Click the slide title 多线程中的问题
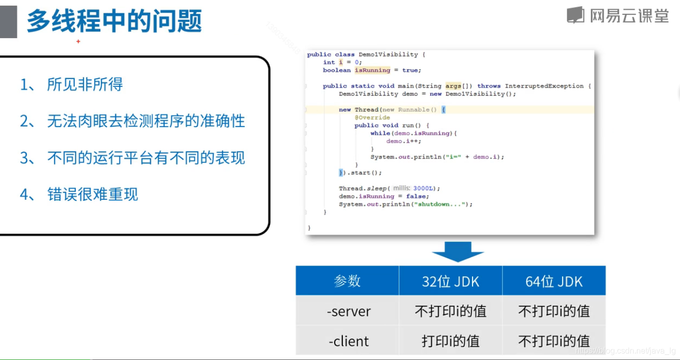tap(114, 21)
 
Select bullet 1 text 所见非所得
tap(85, 84)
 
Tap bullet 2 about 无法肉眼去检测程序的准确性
tap(146, 121)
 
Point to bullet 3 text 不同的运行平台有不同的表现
tap(146, 158)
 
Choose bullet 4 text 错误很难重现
tap(93, 194)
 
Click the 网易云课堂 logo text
tap(629, 16)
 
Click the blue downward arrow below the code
tap(457, 251)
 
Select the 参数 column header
tap(347, 281)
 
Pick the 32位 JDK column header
tap(451, 281)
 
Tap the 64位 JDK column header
tap(554, 281)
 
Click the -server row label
tap(348, 311)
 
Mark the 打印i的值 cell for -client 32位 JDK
tap(451, 341)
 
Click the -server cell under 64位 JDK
tap(554, 311)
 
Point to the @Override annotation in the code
tap(372, 117)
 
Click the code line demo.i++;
tap(404, 141)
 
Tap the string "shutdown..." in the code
tap(440, 204)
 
